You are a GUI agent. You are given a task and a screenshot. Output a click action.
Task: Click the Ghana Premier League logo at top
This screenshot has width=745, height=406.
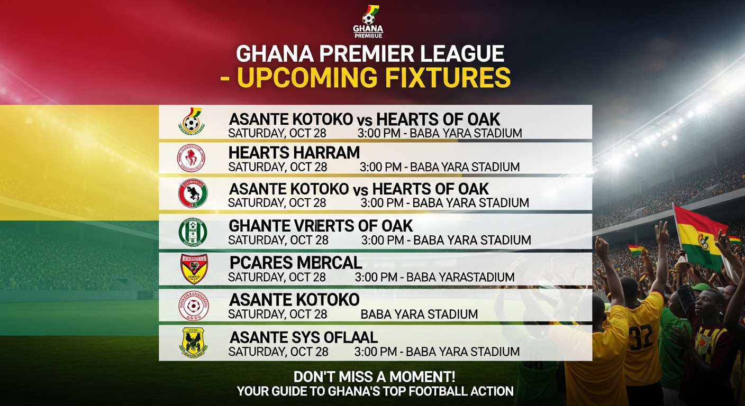pos(368,21)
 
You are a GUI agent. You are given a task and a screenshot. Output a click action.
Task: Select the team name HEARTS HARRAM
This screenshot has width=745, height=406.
pos(294,153)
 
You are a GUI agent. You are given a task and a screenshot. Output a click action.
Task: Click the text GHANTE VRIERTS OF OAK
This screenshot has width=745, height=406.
pos(320,226)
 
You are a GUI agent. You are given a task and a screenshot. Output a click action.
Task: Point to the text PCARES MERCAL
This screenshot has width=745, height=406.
pos(296,262)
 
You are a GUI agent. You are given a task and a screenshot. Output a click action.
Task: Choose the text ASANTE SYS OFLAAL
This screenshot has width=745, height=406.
pos(303,337)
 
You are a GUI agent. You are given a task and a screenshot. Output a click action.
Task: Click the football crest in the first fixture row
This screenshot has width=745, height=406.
pos(192,121)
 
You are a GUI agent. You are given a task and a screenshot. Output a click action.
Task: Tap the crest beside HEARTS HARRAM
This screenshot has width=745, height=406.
pos(191,158)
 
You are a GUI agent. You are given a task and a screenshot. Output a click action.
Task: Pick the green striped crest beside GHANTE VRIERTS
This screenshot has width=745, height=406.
pos(193,232)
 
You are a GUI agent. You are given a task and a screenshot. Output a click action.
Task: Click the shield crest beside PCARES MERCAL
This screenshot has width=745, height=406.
pos(194,269)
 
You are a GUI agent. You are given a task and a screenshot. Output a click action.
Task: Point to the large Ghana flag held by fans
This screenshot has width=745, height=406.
pos(697,235)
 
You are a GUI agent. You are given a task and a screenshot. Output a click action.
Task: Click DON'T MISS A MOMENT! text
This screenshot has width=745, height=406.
pos(375,377)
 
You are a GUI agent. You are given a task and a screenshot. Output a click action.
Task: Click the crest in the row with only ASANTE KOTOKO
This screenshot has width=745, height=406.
pos(193,306)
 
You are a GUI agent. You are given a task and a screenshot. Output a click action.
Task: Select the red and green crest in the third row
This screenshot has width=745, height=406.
pos(193,193)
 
